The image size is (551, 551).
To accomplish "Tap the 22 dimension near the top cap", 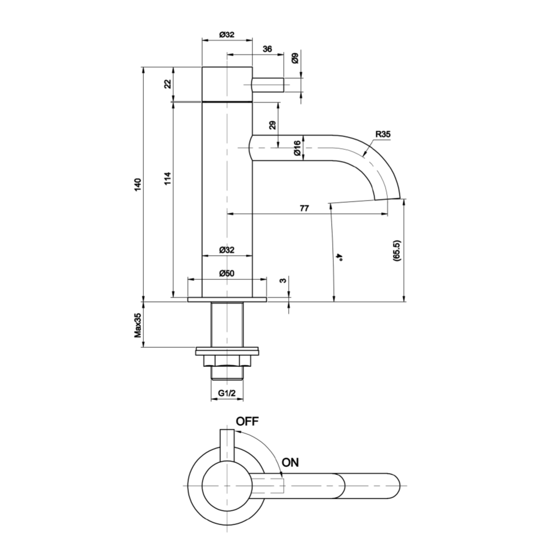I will [x=168, y=84].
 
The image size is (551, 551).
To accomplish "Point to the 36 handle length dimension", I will [x=267, y=49].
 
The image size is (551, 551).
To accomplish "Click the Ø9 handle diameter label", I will [x=295, y=58].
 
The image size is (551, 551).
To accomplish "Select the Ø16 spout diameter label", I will [x=296, y=149].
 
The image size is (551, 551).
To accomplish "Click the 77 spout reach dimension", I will [x=304, y=208].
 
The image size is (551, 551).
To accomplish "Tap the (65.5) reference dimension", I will [x=397, y=251].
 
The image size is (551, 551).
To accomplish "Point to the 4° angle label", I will [x=340, y=256].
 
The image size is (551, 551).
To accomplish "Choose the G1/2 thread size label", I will [x=227, y=393].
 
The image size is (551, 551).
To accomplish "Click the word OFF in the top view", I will [x=247, y=422].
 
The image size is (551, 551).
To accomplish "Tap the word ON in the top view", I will [x=290, y=462].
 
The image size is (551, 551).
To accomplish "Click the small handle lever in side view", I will [x=268, y=85].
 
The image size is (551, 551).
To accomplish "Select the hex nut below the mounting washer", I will [x=227, y=361].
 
